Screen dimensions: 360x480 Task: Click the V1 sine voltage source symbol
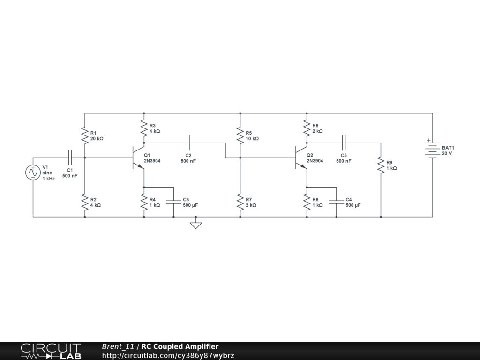click(x=33, y=172)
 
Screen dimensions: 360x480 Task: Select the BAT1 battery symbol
click(x=432, y=149)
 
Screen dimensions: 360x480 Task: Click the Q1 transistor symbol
click(x=138, y=157)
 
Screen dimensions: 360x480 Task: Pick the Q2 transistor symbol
click(x=301, y=157)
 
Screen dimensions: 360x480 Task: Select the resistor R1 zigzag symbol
click(x=85, y=135)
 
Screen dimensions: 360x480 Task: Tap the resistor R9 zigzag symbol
click(x=381, y=165)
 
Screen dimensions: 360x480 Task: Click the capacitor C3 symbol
click(x=173, y=202)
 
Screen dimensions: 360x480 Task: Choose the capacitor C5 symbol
click(x=344, y=139)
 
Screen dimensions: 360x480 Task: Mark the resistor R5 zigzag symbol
click(x=240, y=135)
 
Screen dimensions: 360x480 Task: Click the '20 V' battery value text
click(x=447, y=153)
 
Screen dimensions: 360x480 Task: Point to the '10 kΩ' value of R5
click(x=252, y=139)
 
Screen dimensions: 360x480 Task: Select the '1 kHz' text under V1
click(x=49, y=179)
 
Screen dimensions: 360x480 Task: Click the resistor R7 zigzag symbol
click(x=240, y=202)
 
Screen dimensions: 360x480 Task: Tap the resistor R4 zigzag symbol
click(x=144, y=202)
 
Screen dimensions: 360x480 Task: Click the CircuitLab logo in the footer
click(x=51, y=351)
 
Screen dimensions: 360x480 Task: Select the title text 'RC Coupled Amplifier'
click(x=180, y=347)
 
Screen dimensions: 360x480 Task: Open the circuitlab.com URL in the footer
click(x=168, y=356)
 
